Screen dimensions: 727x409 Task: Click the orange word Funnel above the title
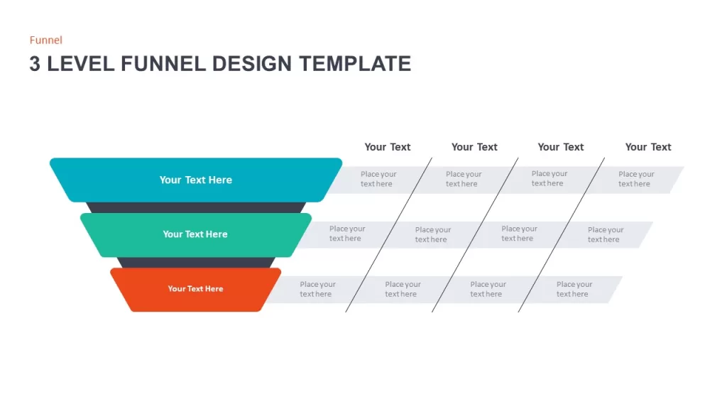coord(46,40)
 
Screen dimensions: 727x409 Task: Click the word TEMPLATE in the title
coord(355,64)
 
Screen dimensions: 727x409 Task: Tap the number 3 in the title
coord(35,64)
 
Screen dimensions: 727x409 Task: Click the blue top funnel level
coord(196,180)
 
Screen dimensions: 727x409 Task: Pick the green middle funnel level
coord(196,234)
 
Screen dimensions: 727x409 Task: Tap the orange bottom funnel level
coord(196,290)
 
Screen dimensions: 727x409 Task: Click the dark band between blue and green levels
coord(196,208)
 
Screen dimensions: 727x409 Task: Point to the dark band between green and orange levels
coord(196,263)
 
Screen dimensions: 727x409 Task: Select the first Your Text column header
coord(388,147)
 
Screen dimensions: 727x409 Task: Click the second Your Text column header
coord(474,147)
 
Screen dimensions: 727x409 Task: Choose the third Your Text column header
coord(561,147)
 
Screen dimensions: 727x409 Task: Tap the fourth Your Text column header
coord(648,147)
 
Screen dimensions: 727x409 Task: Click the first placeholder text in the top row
coord(378,179)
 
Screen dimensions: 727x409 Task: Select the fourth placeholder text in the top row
coord(636,179)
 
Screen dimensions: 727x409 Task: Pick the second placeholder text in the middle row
coord(432,234)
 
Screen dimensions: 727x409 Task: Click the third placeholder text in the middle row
coord(519,234)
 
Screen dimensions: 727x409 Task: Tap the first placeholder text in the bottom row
coord(317,290)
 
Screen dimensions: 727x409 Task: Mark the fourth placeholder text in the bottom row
coord(574,290)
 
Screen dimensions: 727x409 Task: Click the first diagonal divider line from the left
coord(388,234)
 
